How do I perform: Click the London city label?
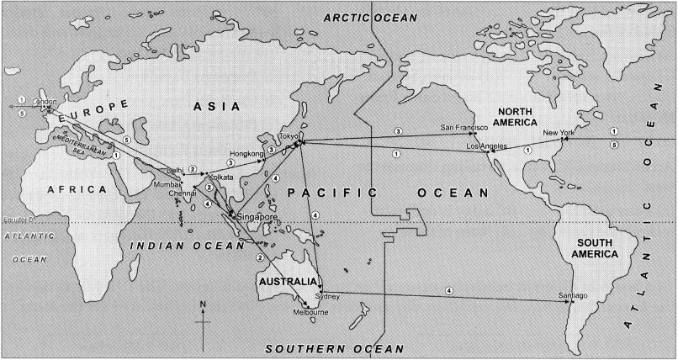pyautogui.click(x=44, y=103)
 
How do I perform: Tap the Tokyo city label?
pyautogui.click(x=289, y=135)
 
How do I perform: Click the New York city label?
pyautogui.click(x=559, y=133)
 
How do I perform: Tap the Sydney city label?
pyautogui.click(x=327, y=296)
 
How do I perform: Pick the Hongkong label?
pyautogui.click(x=246, y=154)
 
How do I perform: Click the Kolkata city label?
pyautogui.click(x=220, y=177)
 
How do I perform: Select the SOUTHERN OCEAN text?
pyautogui.click(x=334, y=347)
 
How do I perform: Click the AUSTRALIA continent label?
pyautogui.click(x=289, y=279)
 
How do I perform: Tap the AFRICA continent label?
pyautogui.click(x=78, y=189)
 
